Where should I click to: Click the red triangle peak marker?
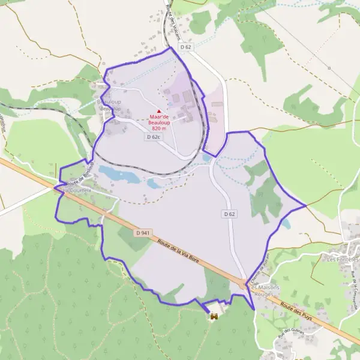tap(159, 110)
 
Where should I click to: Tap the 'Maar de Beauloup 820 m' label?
tap(159, 122)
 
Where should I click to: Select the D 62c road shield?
tap(154, 137)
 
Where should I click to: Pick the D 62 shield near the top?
tap(187, 47)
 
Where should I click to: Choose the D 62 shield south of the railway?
tap(229, 214)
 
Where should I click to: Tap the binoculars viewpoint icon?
tap(213, 316)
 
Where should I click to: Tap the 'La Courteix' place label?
tap(77, 190)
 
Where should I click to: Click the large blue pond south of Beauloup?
tap(118, 175)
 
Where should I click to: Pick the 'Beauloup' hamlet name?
tap(109, 103)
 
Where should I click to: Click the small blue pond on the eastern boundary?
tap(286, 224)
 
